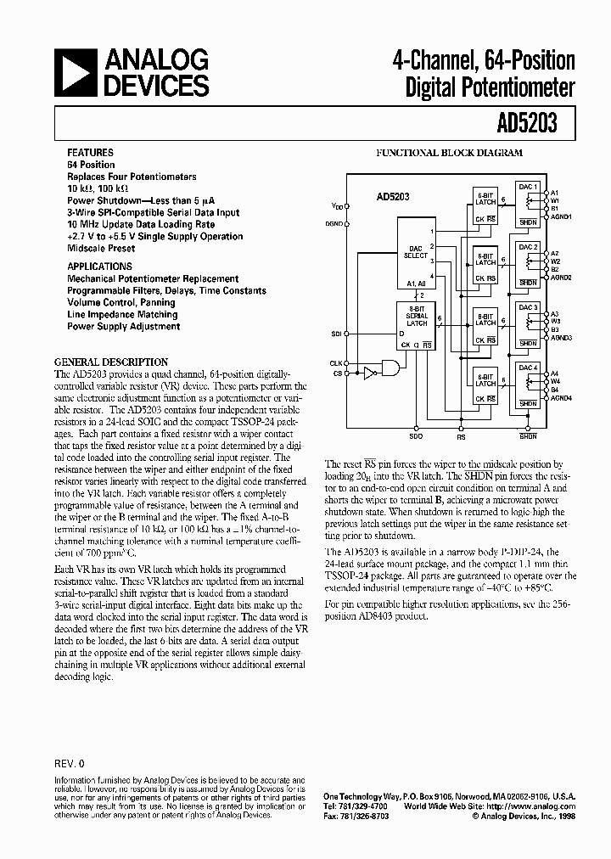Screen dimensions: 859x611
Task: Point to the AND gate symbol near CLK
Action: pyautogui.click(x=391, y=368)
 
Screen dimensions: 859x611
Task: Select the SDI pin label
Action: pyautogui.click(x=336, y=334)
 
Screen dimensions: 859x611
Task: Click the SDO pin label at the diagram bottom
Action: pyautogui.click(x=416, y=436)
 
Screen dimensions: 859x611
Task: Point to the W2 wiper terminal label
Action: pyautogui.click(x=555, y=261)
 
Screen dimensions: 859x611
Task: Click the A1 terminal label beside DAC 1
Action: pyautogui.click(x=554, y=193)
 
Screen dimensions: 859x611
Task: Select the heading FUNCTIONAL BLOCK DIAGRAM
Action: pyautogui.click(x=449, y=153)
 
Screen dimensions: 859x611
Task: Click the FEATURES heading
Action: pyautogui.click(x=89, y=153)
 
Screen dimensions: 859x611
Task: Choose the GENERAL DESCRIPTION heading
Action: pyautogui.click(x=111, y=362)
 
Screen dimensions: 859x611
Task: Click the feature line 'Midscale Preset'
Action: pyautogui.click(x=101, y=249)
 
